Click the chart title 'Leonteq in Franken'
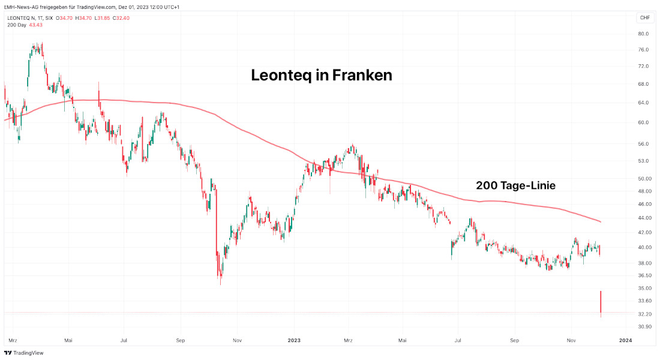tap(321, 76)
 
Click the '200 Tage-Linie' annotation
tap(515, 186)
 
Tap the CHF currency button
tap(645, 17)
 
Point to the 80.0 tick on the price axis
tap(643, 34)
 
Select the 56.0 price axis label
tap(643, 145)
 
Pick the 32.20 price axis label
tap(644, 314)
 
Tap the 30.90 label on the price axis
tap(644, 327)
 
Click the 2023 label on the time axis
tap(294, 340)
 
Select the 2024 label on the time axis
tap(625, 340)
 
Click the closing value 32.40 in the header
tap(122, 18)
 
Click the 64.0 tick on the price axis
tap(643, 103)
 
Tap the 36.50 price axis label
tap(644, 275)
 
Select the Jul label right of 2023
tap(457, 340)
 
